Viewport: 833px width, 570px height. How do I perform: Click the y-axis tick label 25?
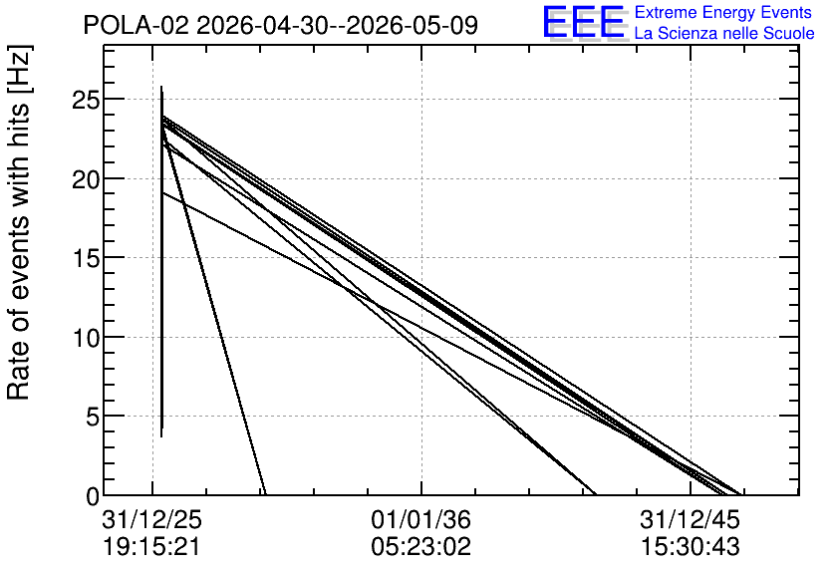(x=86, y=100)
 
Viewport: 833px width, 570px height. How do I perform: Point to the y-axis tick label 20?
(x=86, y=179)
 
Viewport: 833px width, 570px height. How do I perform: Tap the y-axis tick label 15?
(x=86, y=258)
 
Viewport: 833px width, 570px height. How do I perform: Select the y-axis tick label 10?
(x=86, y=338)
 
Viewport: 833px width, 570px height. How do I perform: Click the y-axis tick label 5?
(x=93, y=417)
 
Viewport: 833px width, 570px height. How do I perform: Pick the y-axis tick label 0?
(x=93, y=496)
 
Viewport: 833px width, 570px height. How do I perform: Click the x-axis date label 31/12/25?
(x=151, y=519)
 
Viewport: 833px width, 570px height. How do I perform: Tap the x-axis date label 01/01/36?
(x=420, y=519)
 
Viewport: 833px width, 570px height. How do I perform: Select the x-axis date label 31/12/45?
(x=690, y=519)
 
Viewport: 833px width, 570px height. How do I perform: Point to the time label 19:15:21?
(x=151, y=547)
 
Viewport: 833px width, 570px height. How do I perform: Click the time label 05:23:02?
(x=420, y=547)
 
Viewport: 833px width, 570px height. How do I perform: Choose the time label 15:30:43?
(x=690, y=547)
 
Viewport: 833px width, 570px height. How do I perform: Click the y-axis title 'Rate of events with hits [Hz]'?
(x=19, y=222)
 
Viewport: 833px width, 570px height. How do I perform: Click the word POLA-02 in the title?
(x=136, y=25)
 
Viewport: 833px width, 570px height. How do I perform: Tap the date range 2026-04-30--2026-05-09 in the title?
(x=338, y=25)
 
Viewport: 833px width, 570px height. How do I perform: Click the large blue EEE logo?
(x=583, y=22)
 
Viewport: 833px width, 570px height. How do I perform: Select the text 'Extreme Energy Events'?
(x=723, y=12)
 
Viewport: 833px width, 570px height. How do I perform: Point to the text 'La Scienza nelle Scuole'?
(x=724, y=33)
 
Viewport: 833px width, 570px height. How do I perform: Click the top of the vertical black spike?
(x=161, y=86)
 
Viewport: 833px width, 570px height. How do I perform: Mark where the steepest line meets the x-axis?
(x=265, y=494)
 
